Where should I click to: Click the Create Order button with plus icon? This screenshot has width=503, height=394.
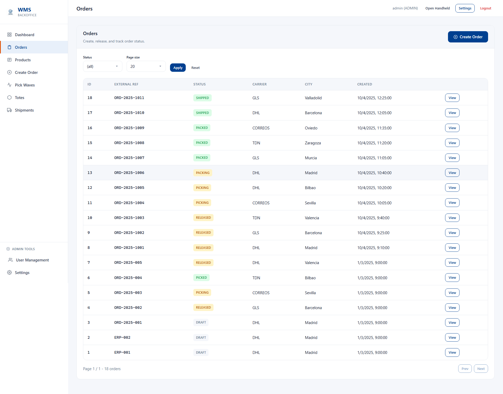click(468, 37)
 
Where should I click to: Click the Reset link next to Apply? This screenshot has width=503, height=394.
click(195, 68)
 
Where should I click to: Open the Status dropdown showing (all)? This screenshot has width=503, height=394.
click(102, 66)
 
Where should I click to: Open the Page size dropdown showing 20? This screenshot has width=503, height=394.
click(146, 66)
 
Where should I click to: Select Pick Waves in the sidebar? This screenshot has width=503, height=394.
click(25, 85)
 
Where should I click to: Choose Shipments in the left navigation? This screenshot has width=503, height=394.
click(24, 110)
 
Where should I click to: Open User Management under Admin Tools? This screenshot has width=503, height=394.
click(32, 260)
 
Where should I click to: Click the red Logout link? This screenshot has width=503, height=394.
click(485, 8)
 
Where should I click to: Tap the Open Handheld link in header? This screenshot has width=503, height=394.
click(437, 8)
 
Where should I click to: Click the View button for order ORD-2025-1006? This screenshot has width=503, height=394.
click(452, 173)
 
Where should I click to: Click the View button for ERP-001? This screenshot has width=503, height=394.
click(452, 352)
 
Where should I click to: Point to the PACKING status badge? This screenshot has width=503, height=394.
click(203, 173)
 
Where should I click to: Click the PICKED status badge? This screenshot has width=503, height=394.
click(201, 278)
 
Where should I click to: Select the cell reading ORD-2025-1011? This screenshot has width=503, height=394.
click(129, 98)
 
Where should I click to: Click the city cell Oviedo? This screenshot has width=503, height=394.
click(311, 128)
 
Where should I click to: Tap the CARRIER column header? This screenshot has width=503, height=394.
click(259, 84)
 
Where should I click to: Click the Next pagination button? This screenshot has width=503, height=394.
click(481, 369)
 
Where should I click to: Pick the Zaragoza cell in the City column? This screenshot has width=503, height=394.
click(313, 143)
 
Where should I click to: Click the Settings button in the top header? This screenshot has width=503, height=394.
click(465, 8)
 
